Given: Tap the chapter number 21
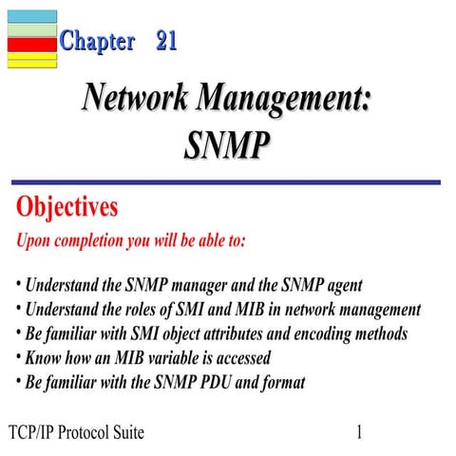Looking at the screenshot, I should tap(166, 41).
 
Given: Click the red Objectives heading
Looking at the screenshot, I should tap(67, 207).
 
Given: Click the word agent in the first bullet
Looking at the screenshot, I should tap(341, 285).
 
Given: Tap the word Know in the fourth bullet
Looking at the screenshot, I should tap(44, 359).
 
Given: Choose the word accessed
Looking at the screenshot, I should tap(239, 359).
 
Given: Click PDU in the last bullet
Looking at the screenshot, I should tap(249, 384).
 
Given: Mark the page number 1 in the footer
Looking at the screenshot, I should tap(360, 433).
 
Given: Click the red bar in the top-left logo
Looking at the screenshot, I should tap(31, 43).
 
